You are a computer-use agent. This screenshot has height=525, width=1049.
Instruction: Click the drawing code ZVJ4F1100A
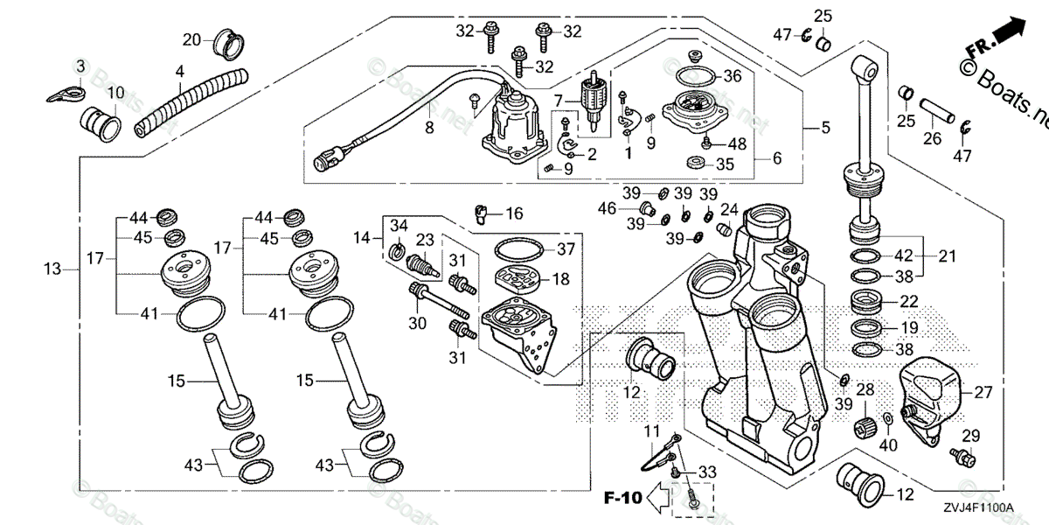pos(977,507)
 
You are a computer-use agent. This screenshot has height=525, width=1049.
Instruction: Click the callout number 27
pos(983,393)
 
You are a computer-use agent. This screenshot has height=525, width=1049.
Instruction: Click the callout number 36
pos(732,76)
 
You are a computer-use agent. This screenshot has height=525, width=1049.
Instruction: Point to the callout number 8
pos(429,129)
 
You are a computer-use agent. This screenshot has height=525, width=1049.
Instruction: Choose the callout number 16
pos(514,213)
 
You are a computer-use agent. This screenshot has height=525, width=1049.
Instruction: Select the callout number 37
pos(566,249)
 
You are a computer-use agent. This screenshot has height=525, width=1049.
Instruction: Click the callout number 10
pos(115,94)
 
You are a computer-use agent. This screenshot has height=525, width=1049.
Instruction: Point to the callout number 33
pos(707,472)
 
